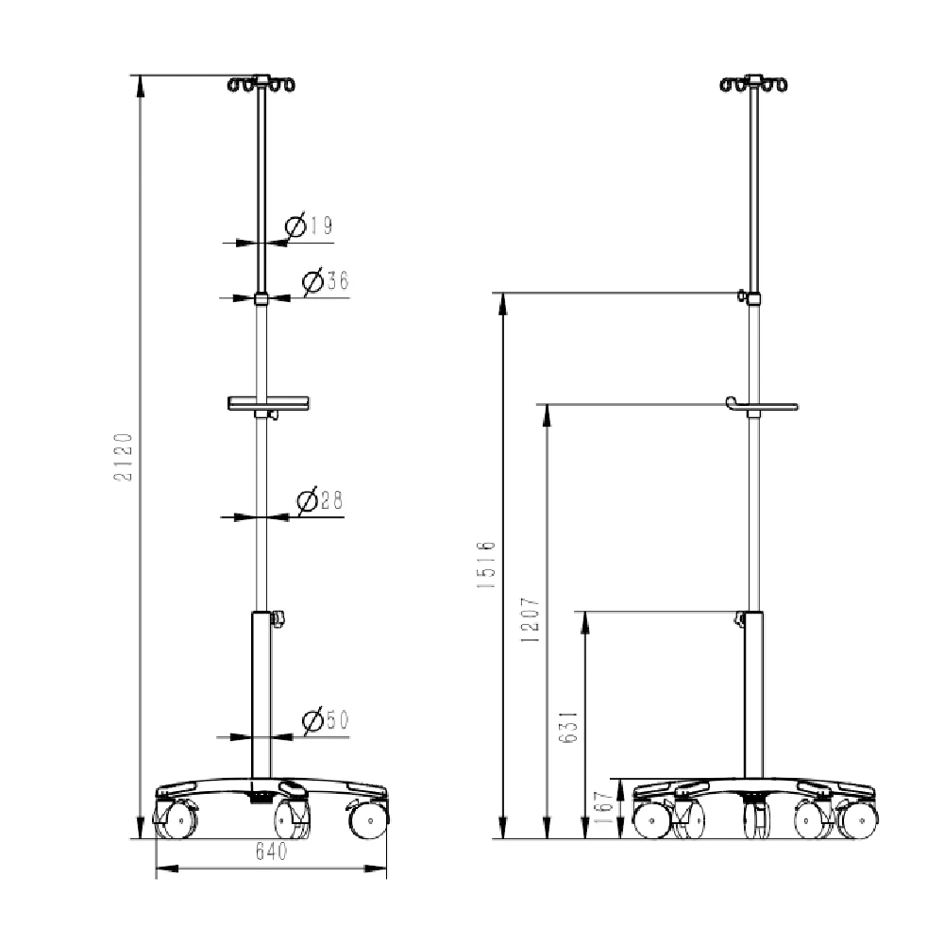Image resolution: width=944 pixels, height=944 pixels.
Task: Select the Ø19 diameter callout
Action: (309, 226)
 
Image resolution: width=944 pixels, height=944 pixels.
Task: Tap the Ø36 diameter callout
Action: (326, 280)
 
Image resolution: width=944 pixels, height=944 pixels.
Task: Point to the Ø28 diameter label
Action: (320, 500)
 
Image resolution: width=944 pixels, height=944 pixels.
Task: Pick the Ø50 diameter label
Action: (326, 720)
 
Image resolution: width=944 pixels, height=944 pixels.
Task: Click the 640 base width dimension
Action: (272, 851)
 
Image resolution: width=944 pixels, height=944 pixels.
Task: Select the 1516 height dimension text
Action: (486, 565)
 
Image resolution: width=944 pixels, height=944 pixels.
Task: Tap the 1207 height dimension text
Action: (531, 620)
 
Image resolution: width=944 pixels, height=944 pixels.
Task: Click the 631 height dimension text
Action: (569, 727)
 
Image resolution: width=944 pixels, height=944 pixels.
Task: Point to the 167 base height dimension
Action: (602, 807)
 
